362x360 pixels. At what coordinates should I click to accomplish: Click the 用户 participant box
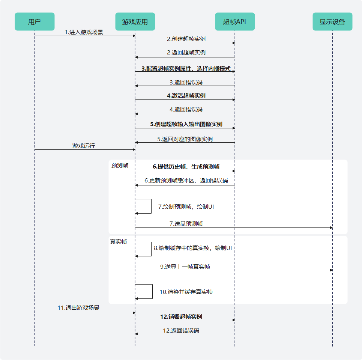[35, 22]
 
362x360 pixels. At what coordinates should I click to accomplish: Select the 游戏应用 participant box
[135, 22]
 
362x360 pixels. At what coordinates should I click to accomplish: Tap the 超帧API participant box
[235, 22]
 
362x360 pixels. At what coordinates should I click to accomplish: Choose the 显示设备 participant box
[332, 22]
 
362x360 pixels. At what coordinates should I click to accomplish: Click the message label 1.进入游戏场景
[84, 32]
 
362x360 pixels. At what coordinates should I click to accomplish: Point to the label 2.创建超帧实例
[186, 39]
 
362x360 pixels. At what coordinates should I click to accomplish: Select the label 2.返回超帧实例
[186, 53]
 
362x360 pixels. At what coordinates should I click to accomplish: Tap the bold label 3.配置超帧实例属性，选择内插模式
[186, 69]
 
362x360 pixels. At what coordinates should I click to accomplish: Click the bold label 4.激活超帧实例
[186, 96]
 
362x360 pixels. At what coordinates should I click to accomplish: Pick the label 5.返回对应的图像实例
[185, 139]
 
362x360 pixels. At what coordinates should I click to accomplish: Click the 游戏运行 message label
[84, 146]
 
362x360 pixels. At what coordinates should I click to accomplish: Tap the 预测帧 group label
[120, 165]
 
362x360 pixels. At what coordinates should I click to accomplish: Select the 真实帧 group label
[118, 242]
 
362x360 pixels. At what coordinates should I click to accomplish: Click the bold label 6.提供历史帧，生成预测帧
[186, 167]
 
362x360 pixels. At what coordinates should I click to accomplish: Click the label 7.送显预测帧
[186, 223]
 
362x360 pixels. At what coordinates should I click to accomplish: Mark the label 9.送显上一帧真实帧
[185, 267]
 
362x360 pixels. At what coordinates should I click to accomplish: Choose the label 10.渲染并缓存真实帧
[186, 292]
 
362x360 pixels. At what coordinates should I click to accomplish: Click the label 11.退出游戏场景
[78, 308]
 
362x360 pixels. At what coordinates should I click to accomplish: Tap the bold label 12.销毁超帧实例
[181, 316]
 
